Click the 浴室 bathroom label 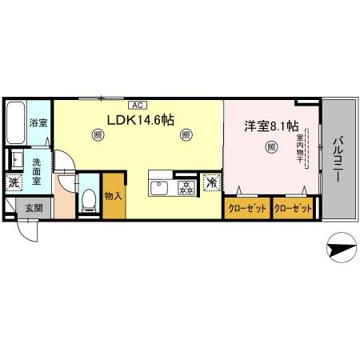[x=38, y=123]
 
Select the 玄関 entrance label [x=32, y=208]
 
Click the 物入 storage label [x=113, y=197]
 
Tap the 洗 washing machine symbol [x=14, y=182]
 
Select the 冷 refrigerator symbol [x=211, y=182]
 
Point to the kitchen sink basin [x=159, y=188]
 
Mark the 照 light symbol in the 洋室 [x=271, y=146]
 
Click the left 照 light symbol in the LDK [x=98, y=136]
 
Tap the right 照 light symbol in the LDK [x=186, y=136]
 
